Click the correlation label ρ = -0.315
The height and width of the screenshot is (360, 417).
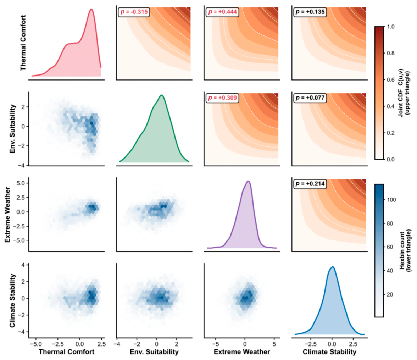pyautogui.click(x=134, y=12)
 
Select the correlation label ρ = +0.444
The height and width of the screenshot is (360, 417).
pyautogui.click(x=222, y=12)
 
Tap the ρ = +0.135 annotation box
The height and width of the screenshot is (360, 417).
pyautogui.click(x=310, y=12)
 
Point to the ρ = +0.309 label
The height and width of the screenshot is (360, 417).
pyautogui.click(x=222, y=98)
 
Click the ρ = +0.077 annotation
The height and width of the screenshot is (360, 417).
pyautogui.click(x=310, y=98)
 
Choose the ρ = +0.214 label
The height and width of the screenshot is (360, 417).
pyautogui.click(x=310, y=184)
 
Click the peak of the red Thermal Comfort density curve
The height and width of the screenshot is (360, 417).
pyautogui.click(x=91, y=9)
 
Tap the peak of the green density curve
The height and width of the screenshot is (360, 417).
pyautogui.click(x=161, y=95)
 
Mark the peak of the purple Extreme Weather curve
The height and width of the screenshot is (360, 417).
pyautogui.click(x=248, y=181)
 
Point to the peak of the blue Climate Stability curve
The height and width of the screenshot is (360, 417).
pyautogui.click(x=332, y=267)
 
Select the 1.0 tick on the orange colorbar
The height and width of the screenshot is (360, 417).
pyautogui.click(x=391, y=27)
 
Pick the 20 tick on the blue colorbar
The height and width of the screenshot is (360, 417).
pyautogui.click(x=390, y=294)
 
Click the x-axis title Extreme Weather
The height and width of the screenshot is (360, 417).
pyautogui.click(x=242, y=352)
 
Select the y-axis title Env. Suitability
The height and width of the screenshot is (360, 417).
pyautogui.click(x=12, y=129)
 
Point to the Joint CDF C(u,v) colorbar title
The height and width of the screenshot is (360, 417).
pyautogui.click(x=404, y=92)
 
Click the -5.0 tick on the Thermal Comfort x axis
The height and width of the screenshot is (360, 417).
pyautogui.click(x=36, y=344)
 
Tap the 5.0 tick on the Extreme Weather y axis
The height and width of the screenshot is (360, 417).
pyautogui.click(x=21, y=183)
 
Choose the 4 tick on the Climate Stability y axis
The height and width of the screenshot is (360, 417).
pyautogui.click(x=23, y=265)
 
